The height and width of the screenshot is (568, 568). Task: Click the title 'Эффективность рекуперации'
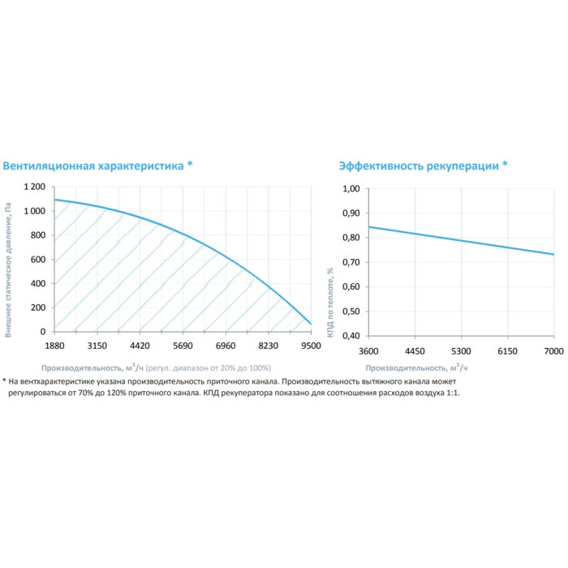click(x=418, y=165)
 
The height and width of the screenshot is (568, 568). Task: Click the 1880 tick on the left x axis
click(x=54, y=345)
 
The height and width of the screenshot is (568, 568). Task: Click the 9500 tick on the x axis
click(x=311, y=345)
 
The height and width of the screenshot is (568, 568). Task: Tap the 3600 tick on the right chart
click(x=368, y=350)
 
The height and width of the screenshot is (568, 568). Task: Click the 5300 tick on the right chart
click(x=461, y=350)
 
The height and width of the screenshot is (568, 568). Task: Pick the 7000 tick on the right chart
click(x=553, y=350)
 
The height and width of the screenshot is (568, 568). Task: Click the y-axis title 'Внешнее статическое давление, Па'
click(x=8, y=260)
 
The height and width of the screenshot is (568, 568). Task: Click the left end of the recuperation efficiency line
click(x=369, y=226)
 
